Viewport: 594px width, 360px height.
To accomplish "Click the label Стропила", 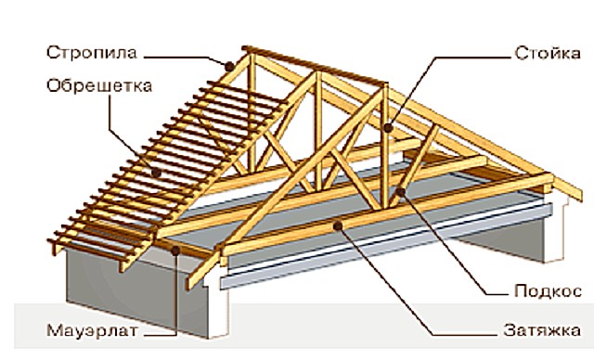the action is [x=91, y=53].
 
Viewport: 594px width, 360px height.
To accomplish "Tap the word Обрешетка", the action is [x=99, y=86].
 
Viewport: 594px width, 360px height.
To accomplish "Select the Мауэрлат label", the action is [x=92, y=331].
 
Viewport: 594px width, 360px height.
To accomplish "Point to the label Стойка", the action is [x=548, y=54].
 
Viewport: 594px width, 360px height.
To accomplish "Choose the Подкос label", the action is [x=548, y=291].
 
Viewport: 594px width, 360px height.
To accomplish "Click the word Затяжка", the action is [x=542, y=330].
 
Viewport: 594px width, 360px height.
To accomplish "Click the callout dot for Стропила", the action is [x=229, y=67].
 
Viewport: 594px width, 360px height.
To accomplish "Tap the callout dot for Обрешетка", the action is [x=156, y=173].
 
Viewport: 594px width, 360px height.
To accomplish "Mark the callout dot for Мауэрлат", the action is [x=175, y=251].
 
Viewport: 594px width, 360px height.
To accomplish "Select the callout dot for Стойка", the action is [x=388, y=127].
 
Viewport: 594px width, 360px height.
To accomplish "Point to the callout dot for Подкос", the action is [x=400, y=191].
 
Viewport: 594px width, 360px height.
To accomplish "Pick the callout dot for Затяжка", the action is [x=338, y=226].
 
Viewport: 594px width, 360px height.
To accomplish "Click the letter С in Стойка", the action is [x=521, y=54].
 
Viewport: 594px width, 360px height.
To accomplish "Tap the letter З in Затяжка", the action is [x=510, y=330].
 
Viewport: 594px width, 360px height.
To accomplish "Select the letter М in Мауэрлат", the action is [x=55, y=331].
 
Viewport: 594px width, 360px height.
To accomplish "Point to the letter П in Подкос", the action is [x=522, y=291].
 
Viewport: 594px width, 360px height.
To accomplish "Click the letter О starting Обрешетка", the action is [x=55, y=86].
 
